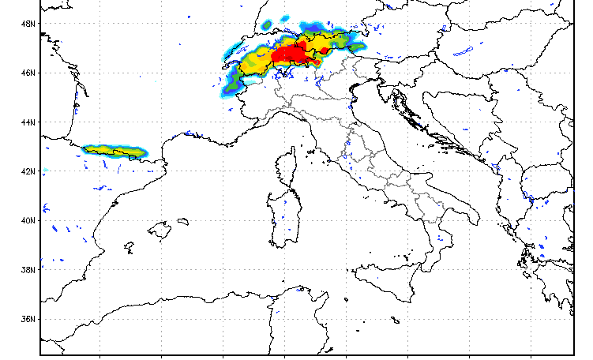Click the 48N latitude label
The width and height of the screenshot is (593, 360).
pyautogui.click(x=29, y=24)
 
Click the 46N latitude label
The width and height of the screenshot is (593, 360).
pyautogui.click(x=29, y=73)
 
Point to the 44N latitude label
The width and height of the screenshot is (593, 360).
pyautogui.click(x=29, y=122)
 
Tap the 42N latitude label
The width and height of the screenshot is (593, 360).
pyautogui.click(x=29, y=171)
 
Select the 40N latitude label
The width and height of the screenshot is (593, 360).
pyautogui.click(x=29, y=220)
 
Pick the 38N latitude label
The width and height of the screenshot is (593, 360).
pyautogui.click(x=29, y=270)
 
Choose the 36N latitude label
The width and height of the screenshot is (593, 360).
pyautogui.click(x=29, y=319)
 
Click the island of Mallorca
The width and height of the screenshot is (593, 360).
pyautogui.click(x=160, y=231)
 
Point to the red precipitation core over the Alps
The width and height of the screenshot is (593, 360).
pyautogui.click(x=291, y=54)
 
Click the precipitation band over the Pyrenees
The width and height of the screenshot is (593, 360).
pyautogui.click(x=116, y=150)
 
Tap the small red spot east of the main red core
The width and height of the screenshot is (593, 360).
pyautogui.click(x=325, y=51)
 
